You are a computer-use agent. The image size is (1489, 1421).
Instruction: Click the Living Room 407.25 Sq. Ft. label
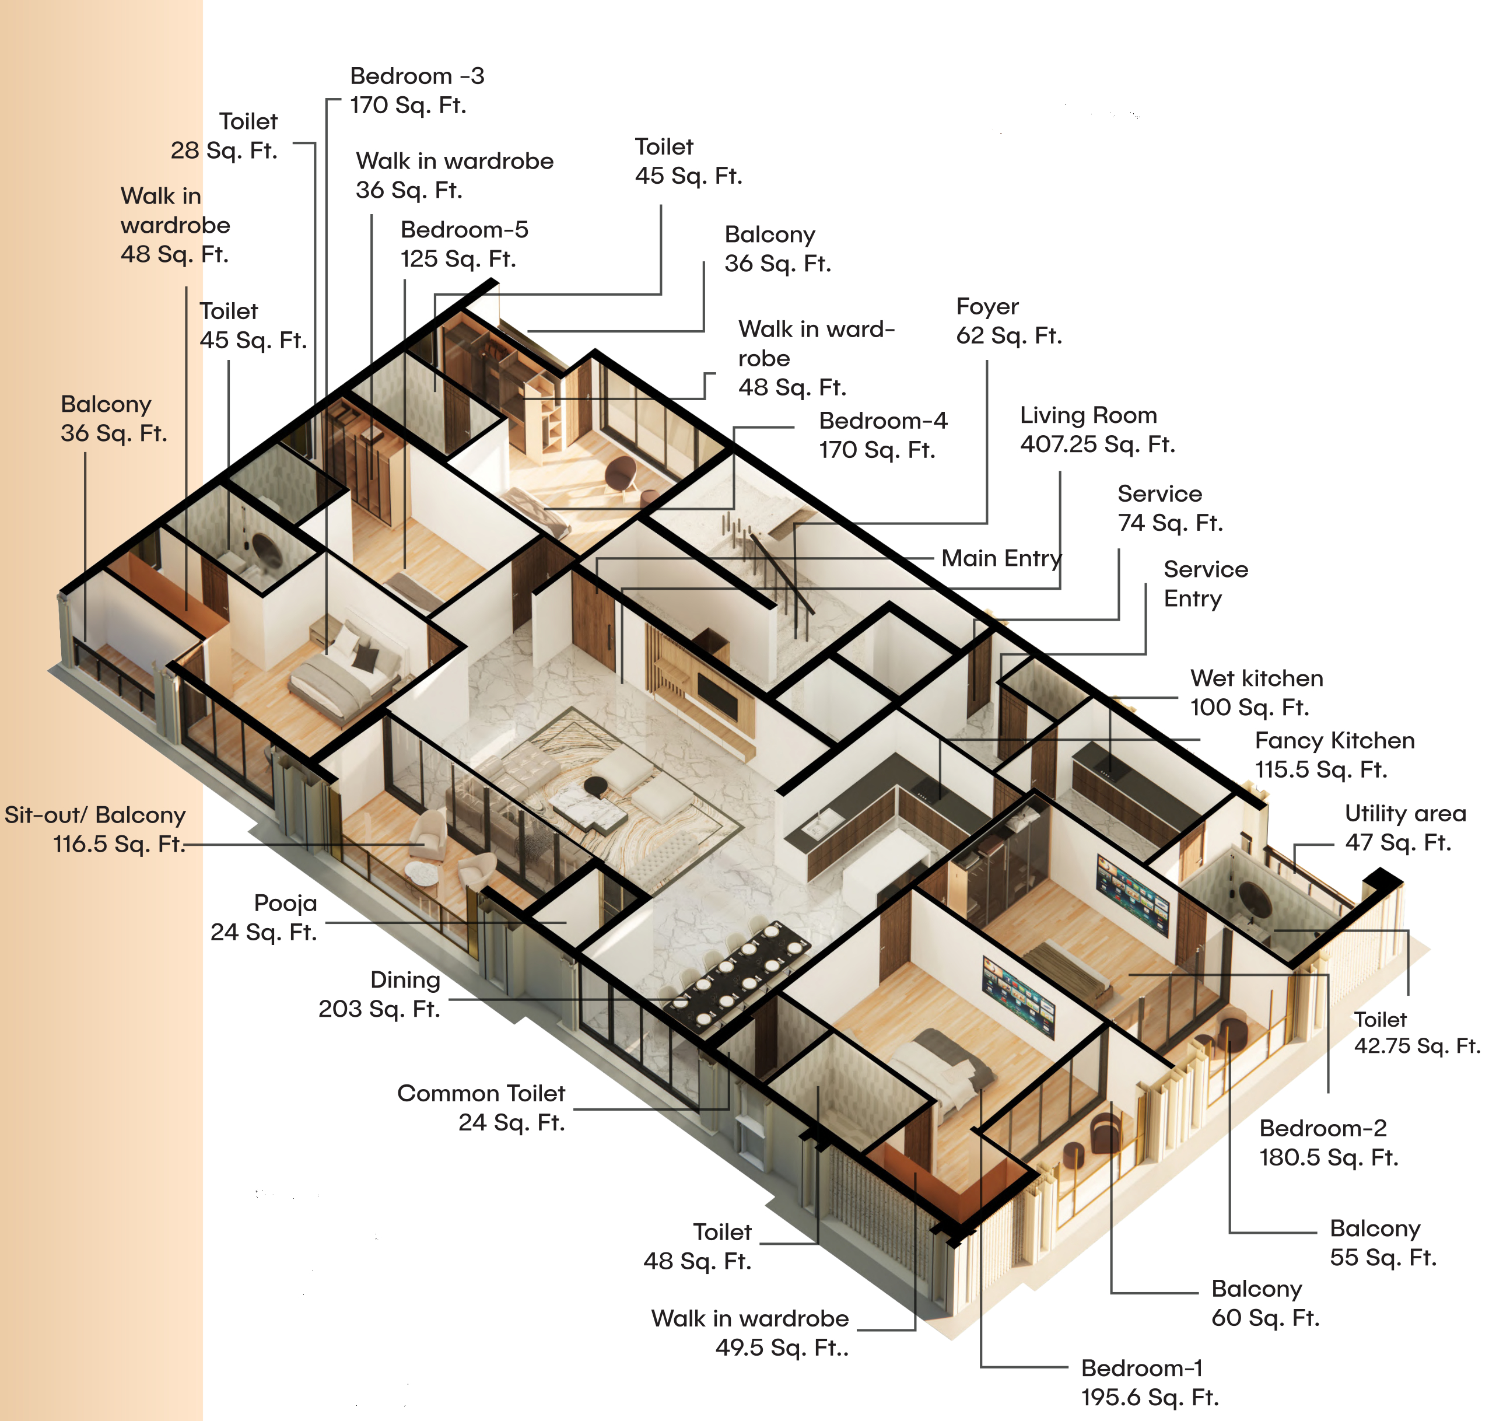(x=1096, y=429)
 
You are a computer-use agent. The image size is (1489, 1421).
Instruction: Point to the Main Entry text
(x=1000, y=558)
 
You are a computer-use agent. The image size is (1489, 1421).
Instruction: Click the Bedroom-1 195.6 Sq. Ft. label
(x=1149, y=1382)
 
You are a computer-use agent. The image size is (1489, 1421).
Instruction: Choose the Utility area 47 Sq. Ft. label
(x=1404, y=828)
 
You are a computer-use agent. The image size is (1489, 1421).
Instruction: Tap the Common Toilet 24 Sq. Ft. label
(x=481, y=1107)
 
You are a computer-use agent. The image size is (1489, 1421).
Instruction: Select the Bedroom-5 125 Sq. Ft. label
(x=464, y=244)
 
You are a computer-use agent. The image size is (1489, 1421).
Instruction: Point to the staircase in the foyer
(x=765, y=561)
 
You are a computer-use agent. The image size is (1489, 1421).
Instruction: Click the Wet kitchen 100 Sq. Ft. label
(x=1256, y=692)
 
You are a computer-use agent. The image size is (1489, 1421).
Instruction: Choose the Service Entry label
(x=1205, y=584)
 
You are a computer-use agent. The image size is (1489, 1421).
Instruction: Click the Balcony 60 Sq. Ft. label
(x=1264, y=1303)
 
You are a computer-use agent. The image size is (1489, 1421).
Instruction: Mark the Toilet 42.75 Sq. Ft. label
(x=1416, y=1032)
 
